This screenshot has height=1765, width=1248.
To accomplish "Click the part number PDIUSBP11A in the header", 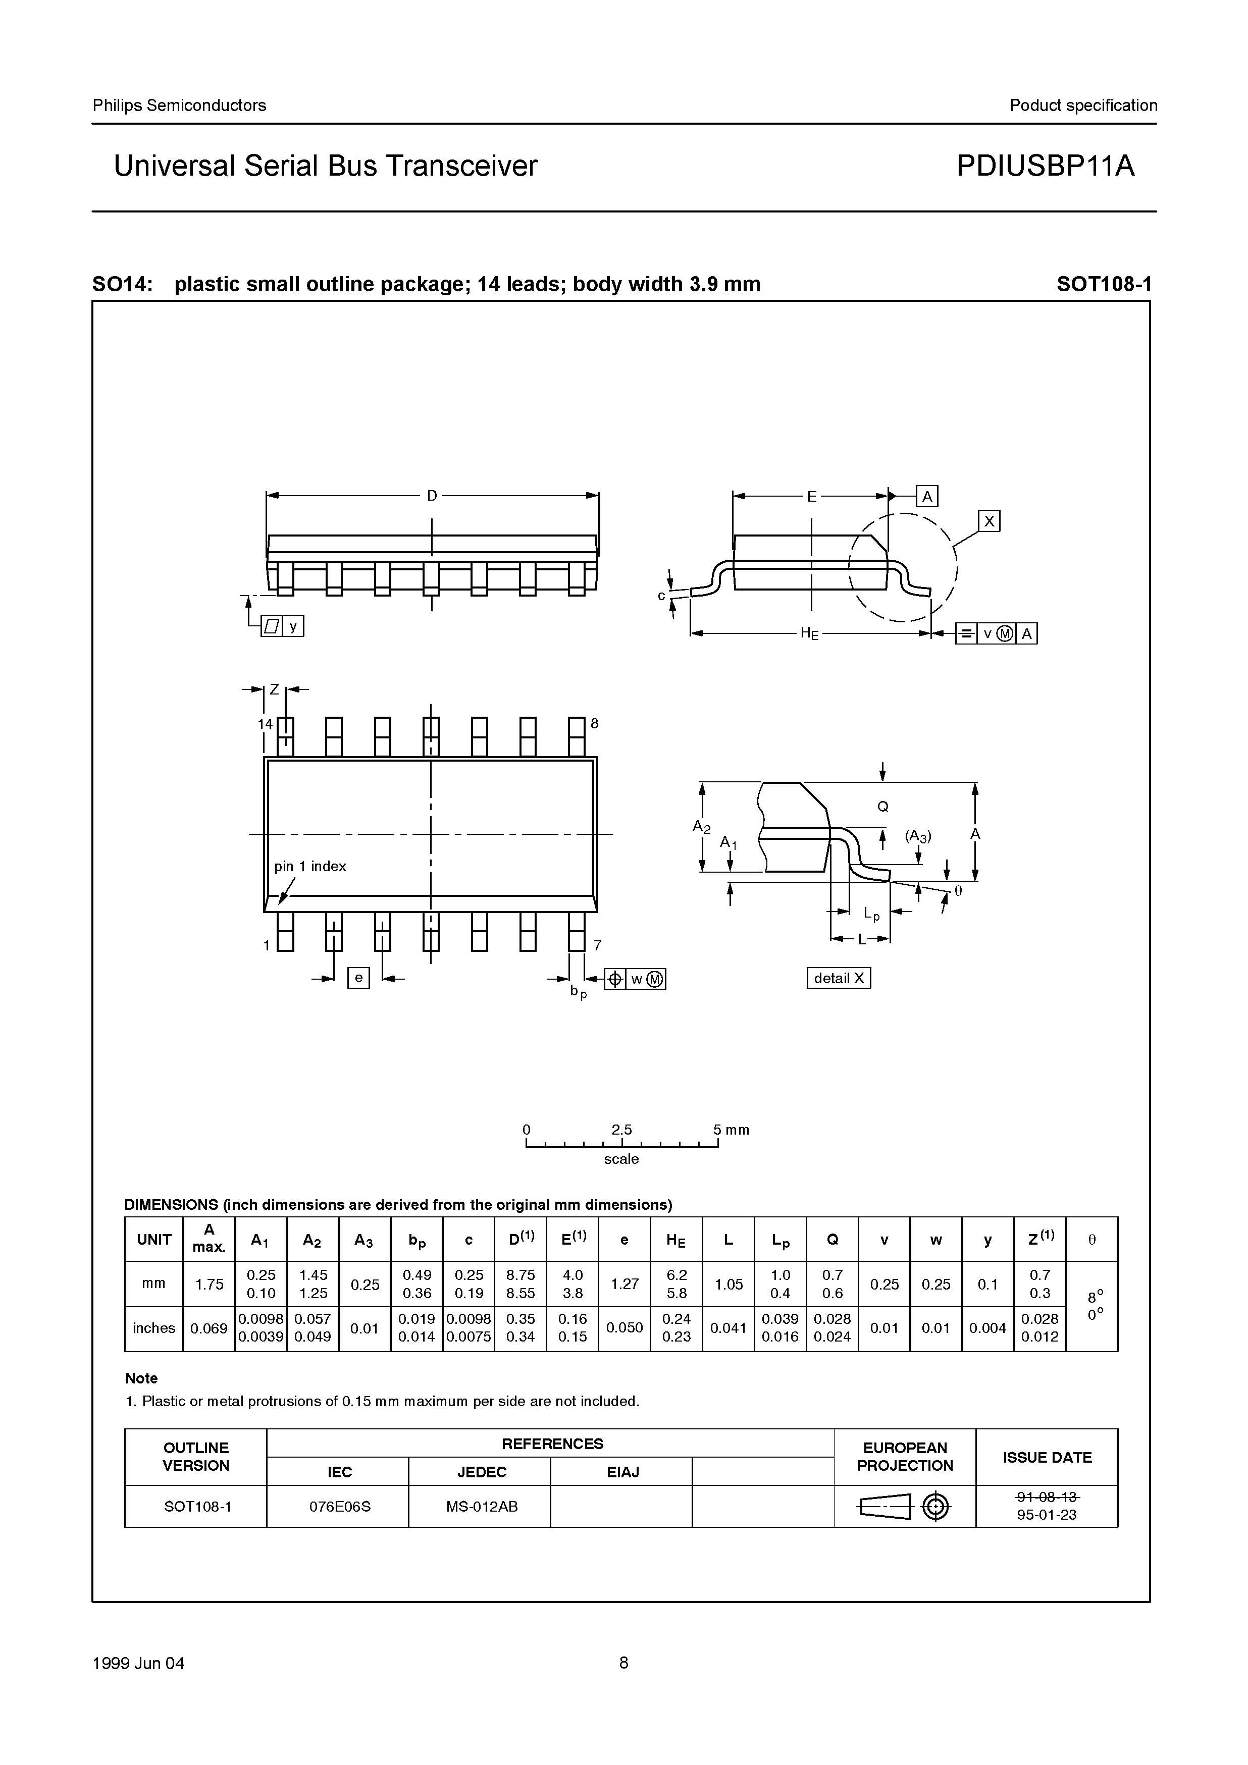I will [1045, 166].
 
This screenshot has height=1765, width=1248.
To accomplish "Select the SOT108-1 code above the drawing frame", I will [1104, 285].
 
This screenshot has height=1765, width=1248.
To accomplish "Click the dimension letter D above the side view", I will [432, 496].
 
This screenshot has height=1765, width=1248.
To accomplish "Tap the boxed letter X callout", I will [989, 521].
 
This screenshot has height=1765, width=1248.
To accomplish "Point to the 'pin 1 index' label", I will [310, 867].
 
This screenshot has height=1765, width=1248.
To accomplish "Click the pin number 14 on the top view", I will [265, 723].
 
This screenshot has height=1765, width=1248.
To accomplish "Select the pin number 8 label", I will [594, 723].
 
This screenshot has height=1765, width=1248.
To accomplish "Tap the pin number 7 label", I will [597, 945].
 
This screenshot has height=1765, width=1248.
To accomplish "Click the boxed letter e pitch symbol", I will [358, 978].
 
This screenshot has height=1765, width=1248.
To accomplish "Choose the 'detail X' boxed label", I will [838, 978].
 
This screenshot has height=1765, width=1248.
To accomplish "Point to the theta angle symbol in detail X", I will [958, 891].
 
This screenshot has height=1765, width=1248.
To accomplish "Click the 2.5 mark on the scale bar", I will [621, 1129].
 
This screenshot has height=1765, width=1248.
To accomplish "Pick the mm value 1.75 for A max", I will [209, 1284].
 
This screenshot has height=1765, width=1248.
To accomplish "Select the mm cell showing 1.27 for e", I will [625, 1284].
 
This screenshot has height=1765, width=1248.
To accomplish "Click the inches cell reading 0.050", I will [625, 1327].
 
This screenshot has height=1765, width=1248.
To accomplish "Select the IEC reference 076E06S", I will [340, 1507].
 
